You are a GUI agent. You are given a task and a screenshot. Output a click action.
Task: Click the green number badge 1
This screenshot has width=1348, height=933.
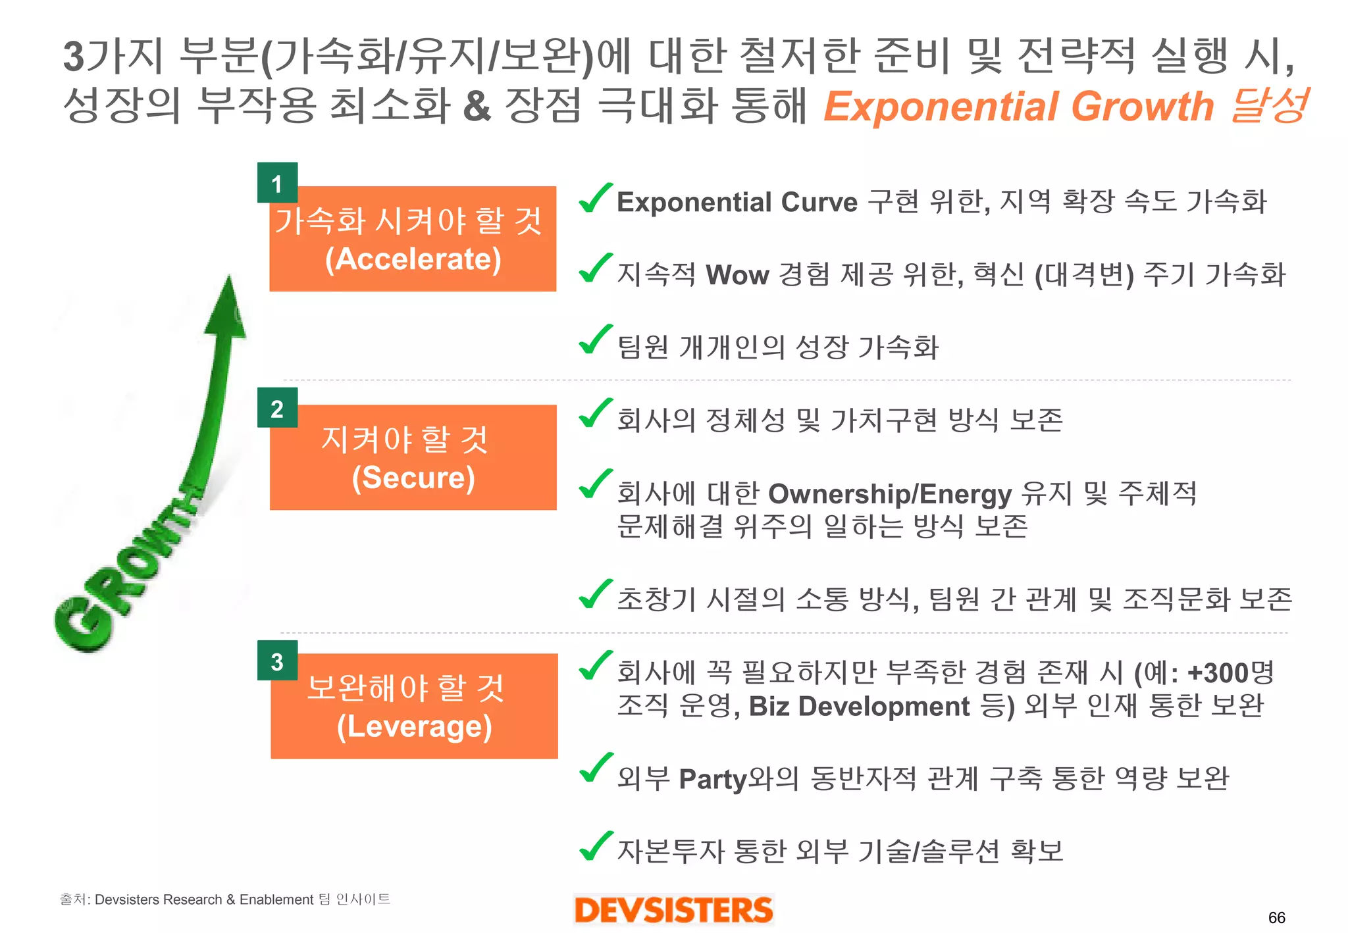[277, 183]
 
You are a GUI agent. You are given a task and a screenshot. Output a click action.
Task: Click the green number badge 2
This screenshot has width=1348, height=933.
[277, 408]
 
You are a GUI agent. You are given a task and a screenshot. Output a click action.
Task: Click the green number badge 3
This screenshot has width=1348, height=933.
[277, 661]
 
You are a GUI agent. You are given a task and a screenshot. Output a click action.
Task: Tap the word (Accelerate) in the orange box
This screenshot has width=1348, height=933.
[413, 259]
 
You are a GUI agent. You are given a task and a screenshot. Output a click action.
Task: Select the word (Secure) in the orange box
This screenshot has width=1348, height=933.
[413, 477]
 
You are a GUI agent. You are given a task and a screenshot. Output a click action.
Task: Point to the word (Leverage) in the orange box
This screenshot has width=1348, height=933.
[414, 726]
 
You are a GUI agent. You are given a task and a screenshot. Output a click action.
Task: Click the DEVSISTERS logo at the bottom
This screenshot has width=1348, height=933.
[673, 910]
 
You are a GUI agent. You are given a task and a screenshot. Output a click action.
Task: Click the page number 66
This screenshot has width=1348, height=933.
[1276, 917]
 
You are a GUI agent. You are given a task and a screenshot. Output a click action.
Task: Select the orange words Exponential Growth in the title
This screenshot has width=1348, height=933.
[1018, 107]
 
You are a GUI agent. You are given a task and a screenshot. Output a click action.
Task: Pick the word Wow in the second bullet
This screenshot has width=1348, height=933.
[737, 275]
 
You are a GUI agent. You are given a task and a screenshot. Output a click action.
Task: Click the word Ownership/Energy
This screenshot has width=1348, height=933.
[890, 493]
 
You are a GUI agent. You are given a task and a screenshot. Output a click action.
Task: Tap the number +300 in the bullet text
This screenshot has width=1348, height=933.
[1218, 672]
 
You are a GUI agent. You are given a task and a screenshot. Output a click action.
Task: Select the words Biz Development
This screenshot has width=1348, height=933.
[859, 706]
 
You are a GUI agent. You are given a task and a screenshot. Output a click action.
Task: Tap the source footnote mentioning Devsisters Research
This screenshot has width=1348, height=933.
[224, 899]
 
